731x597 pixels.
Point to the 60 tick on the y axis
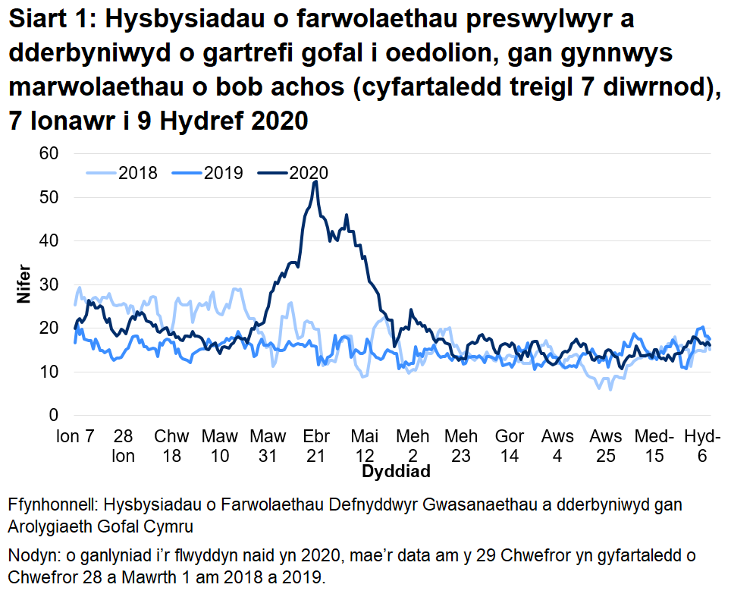[49, 154]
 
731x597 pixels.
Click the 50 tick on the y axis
[49, 197]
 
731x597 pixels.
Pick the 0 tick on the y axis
[53, 416]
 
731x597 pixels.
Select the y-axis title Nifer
[23, 284]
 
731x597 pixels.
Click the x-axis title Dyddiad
[396, 472]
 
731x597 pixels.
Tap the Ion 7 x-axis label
[76, 438]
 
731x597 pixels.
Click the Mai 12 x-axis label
[365, 446]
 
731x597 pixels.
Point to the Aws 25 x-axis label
[606, 446]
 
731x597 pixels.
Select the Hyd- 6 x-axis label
[702, 446]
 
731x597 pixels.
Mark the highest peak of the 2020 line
[315, 181]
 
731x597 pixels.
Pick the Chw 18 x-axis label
[172, 446]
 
